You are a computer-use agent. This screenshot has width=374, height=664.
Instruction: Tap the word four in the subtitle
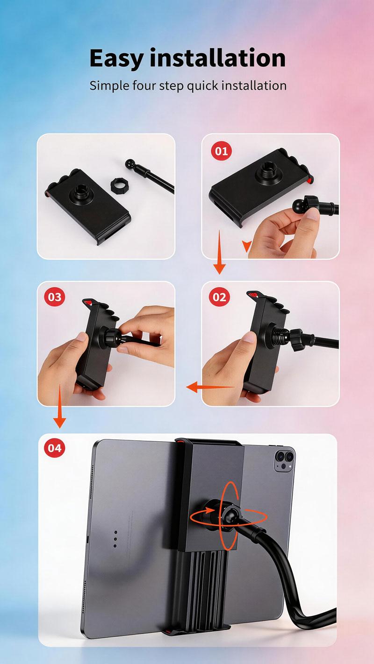pyautogui.click(x=151, y=86)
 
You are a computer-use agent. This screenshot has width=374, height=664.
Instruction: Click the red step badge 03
pyautogui.click(x=55, y=297)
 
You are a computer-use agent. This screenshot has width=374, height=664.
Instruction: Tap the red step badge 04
pyautogui.click(x=55, y=448)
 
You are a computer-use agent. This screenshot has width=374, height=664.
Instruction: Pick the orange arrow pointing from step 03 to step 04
pyautogui.click(x=59, y=411)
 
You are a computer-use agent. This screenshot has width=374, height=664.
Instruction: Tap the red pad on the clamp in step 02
pyautogui.click(x=252, y=295)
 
